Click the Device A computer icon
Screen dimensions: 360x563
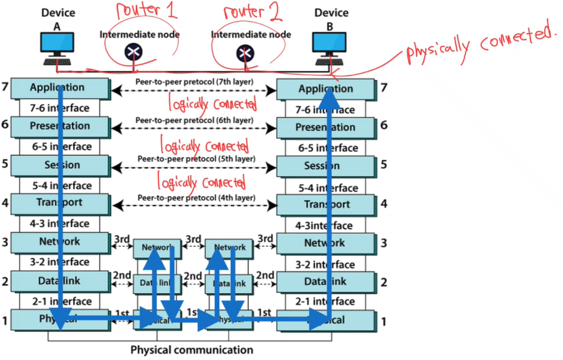[57, 46]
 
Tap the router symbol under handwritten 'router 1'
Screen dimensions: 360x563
[134, 51]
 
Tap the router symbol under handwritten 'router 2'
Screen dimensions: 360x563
[245, 51]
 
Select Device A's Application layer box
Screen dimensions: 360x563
[59, 87]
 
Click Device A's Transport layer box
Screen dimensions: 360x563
[59, 202]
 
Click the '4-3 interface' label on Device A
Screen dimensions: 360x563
[59, 223]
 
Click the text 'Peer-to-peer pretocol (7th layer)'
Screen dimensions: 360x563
[195, 82]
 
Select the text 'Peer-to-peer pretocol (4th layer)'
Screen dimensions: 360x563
[195, 197]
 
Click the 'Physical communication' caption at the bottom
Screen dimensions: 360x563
[191, 350]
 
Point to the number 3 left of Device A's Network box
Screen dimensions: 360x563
[5, 242]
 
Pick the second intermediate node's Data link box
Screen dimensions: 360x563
[229, 283]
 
